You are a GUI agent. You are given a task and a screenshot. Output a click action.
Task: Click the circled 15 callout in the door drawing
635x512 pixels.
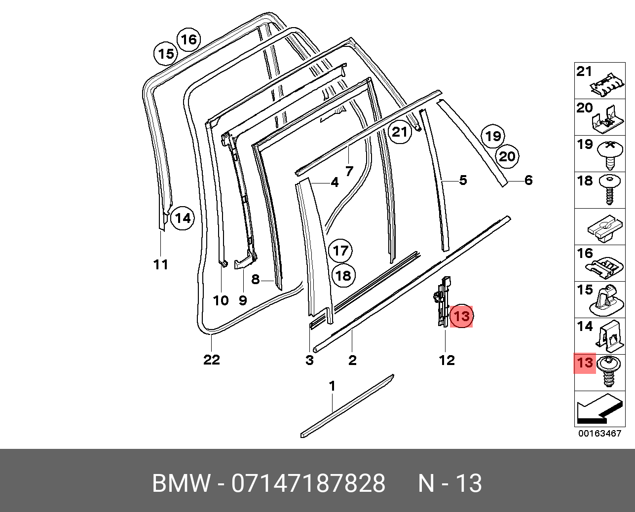[x=167, y=54]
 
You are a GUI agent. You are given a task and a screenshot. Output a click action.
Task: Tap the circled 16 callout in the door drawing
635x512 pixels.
[x=188, y=39]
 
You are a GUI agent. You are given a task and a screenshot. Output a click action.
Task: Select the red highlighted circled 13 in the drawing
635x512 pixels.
[x=461, y=316]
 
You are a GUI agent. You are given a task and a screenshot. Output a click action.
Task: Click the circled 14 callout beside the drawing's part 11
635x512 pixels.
[x=183, y=218]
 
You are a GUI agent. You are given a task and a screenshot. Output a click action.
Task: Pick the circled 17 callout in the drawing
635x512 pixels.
[x=340, y=251]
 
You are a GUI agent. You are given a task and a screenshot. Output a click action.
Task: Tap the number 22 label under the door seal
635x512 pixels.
[x=211, y=360]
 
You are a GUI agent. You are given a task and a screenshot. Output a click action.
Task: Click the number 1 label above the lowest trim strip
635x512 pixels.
[x=332, y=386]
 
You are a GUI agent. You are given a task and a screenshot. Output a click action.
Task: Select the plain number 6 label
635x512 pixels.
[x=528, y=181]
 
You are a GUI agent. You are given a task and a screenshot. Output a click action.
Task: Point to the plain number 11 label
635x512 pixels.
[x=160, y=264]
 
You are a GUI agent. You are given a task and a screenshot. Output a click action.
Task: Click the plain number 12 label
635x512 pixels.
[x=447, y=361]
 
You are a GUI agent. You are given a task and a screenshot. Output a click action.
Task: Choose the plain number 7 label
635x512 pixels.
[x=349, y=172]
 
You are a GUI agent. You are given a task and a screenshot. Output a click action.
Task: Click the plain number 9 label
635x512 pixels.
[x=243, y=300]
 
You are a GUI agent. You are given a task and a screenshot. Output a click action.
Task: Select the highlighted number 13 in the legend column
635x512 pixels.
[x=585, y=364]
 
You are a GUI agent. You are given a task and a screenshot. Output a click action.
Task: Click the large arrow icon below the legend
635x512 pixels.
[x=598, y=408]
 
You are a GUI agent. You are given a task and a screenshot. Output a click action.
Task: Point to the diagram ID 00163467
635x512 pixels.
[x=599, y=434]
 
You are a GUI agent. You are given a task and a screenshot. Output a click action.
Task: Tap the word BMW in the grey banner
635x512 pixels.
[x=181, y=483]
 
